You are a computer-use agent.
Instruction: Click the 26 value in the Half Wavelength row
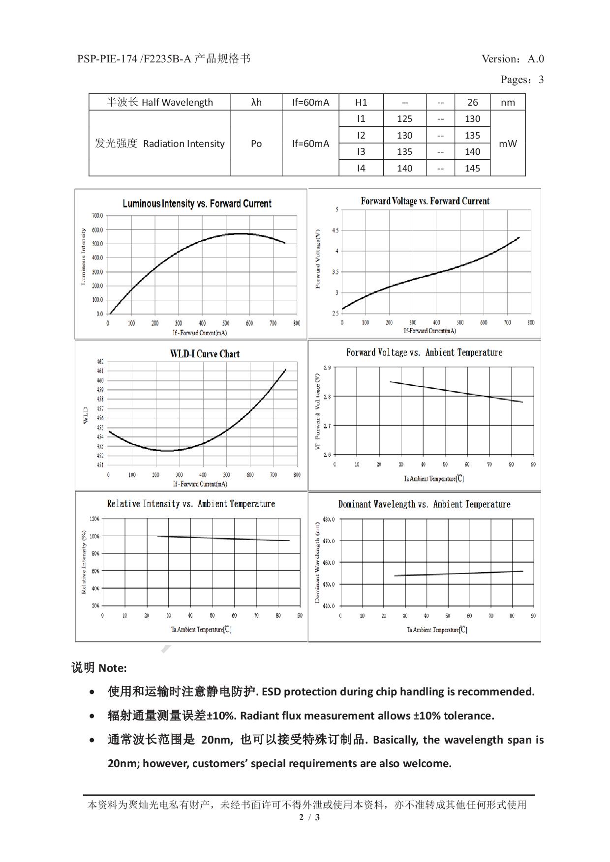pyautogui.click(x=472, y=102)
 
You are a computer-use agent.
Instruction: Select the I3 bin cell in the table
pyautogui.click(x=361, y=151)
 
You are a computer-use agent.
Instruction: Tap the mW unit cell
pyautogui.click(x=508, y=144)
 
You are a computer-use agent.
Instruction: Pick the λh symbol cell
pyautogui.click(x=256, y=102)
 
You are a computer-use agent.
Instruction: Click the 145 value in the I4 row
pyautogui.click(x=472, y=168)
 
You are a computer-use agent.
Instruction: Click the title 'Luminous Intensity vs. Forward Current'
pyautogui.click(x=197, y=203)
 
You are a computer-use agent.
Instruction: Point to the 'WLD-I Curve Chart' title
pyautogui.click(x=205, y=354)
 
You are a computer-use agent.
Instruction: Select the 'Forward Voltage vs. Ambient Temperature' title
pyautogui.click(x=424, y=352)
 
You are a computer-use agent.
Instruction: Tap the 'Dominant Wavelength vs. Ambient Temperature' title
pyautogui.click(x=424, y=504)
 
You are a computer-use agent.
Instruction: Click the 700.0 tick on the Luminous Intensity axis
pyautogui.click(x=97, y=216)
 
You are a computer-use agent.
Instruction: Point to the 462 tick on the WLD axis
pyautogui.click(x=100, y=362)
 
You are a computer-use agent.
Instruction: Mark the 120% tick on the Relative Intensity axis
pyautogui.click(x=94, y=519)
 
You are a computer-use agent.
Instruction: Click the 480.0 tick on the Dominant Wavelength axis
pyautogui.click(x=329, y=519)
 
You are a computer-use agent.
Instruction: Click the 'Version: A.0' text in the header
pyautogui.click(x=513, y=59)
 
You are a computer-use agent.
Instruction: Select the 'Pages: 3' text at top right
pyautogui.click(x=522, y=80)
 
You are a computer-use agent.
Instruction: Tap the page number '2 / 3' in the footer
pyautogui.click(x=309, y=817)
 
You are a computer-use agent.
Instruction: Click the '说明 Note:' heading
pyautogui.click(x=99, y=668)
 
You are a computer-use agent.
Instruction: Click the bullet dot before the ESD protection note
pyautogui.click(x=92, y=692)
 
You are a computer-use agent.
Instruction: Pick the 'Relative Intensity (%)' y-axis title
pyautogui.click(x=84, y=562)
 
